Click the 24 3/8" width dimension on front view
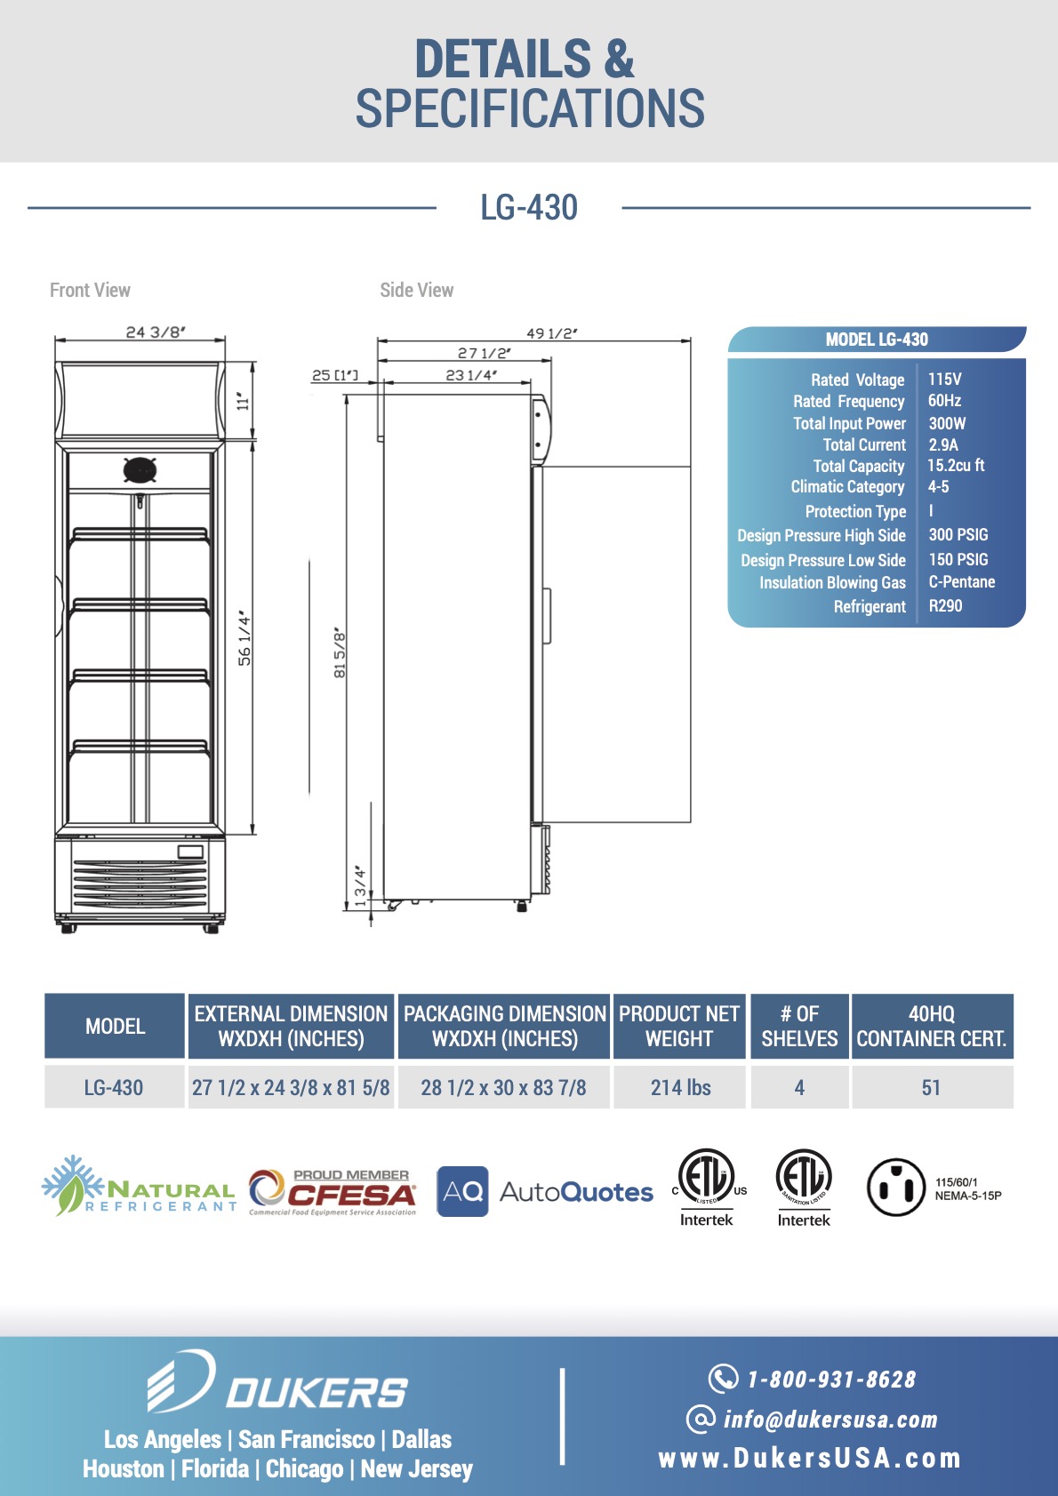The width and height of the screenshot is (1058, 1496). (156, 332)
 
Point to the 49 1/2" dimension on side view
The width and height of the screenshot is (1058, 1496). (552, 333)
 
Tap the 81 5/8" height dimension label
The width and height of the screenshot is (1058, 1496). (340, 652)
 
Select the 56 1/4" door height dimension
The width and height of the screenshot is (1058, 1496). (245, 638)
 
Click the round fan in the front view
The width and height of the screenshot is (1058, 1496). (140, 469)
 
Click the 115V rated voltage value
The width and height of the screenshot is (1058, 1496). (944, 380)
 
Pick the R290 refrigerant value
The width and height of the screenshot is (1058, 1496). (945, 605)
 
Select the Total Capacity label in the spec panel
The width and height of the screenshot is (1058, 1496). (858, 466)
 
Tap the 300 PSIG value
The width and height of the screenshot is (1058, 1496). (958, 535)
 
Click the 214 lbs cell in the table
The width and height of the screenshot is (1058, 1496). (680, 1087)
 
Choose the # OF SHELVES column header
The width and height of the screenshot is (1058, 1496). (799, 1026)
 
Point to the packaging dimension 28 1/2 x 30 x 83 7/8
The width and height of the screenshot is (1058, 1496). (503, 1087)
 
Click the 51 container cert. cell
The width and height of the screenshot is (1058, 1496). (931, 1087)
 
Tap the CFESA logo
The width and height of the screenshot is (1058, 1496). (332, 1192)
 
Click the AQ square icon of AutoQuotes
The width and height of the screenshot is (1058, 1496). (462, 1191)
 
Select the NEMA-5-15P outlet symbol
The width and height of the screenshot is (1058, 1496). (895, 1188)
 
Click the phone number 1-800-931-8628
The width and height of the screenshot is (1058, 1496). (831, 1380)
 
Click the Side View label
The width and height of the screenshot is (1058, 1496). (417, 290)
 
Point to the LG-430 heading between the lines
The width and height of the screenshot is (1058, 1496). (529, 207)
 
